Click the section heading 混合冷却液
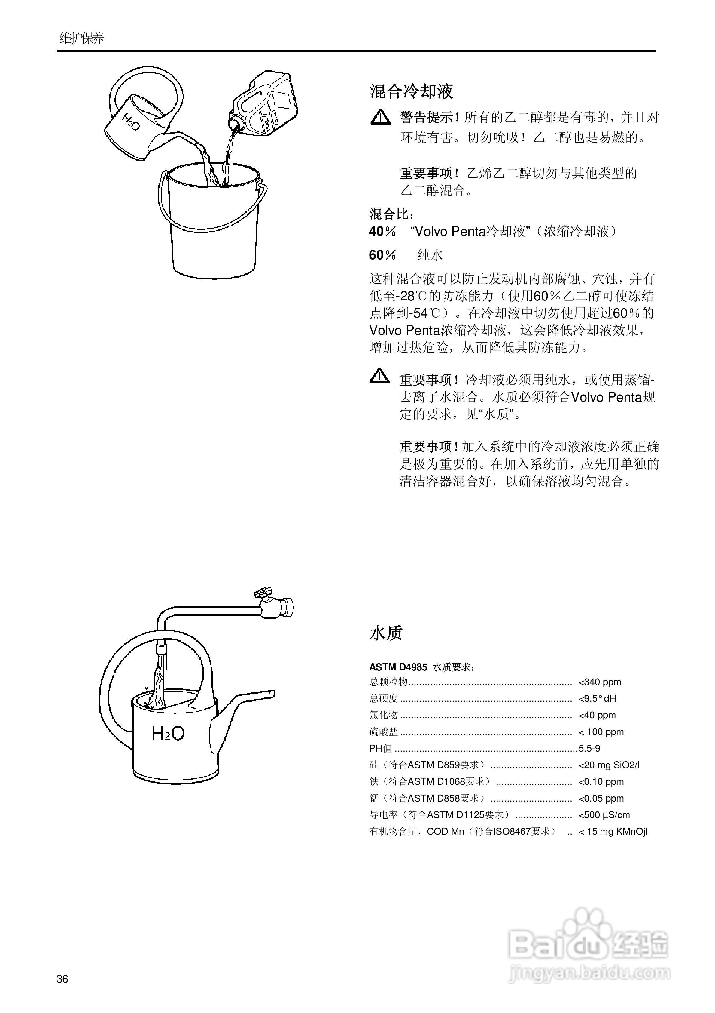click(411, 91)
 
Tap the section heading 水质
click(386, 633)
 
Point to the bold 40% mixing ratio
click(382, 232)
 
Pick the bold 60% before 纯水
click(382, 255)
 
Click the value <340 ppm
click(600, 682)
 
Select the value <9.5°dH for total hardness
click(597, 698)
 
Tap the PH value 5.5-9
click(589, 749)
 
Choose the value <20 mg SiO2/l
click(609, 765)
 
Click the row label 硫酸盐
click(384, 732)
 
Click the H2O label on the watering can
click(168, 734)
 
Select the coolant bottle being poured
click(267, 104)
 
